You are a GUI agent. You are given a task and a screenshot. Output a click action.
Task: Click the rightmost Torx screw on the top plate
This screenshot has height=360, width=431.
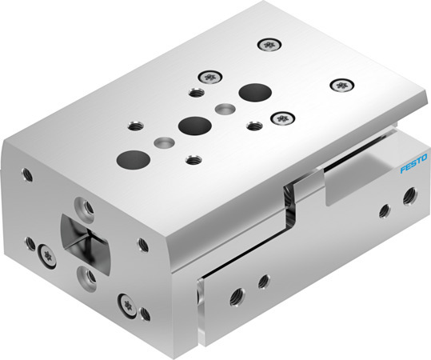[x=341, y=83]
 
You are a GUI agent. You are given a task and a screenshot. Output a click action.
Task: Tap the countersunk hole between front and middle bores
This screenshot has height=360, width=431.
[x=163, y=142]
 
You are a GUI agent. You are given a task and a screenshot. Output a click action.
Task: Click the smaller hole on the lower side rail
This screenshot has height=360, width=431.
[x=262, y=282]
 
